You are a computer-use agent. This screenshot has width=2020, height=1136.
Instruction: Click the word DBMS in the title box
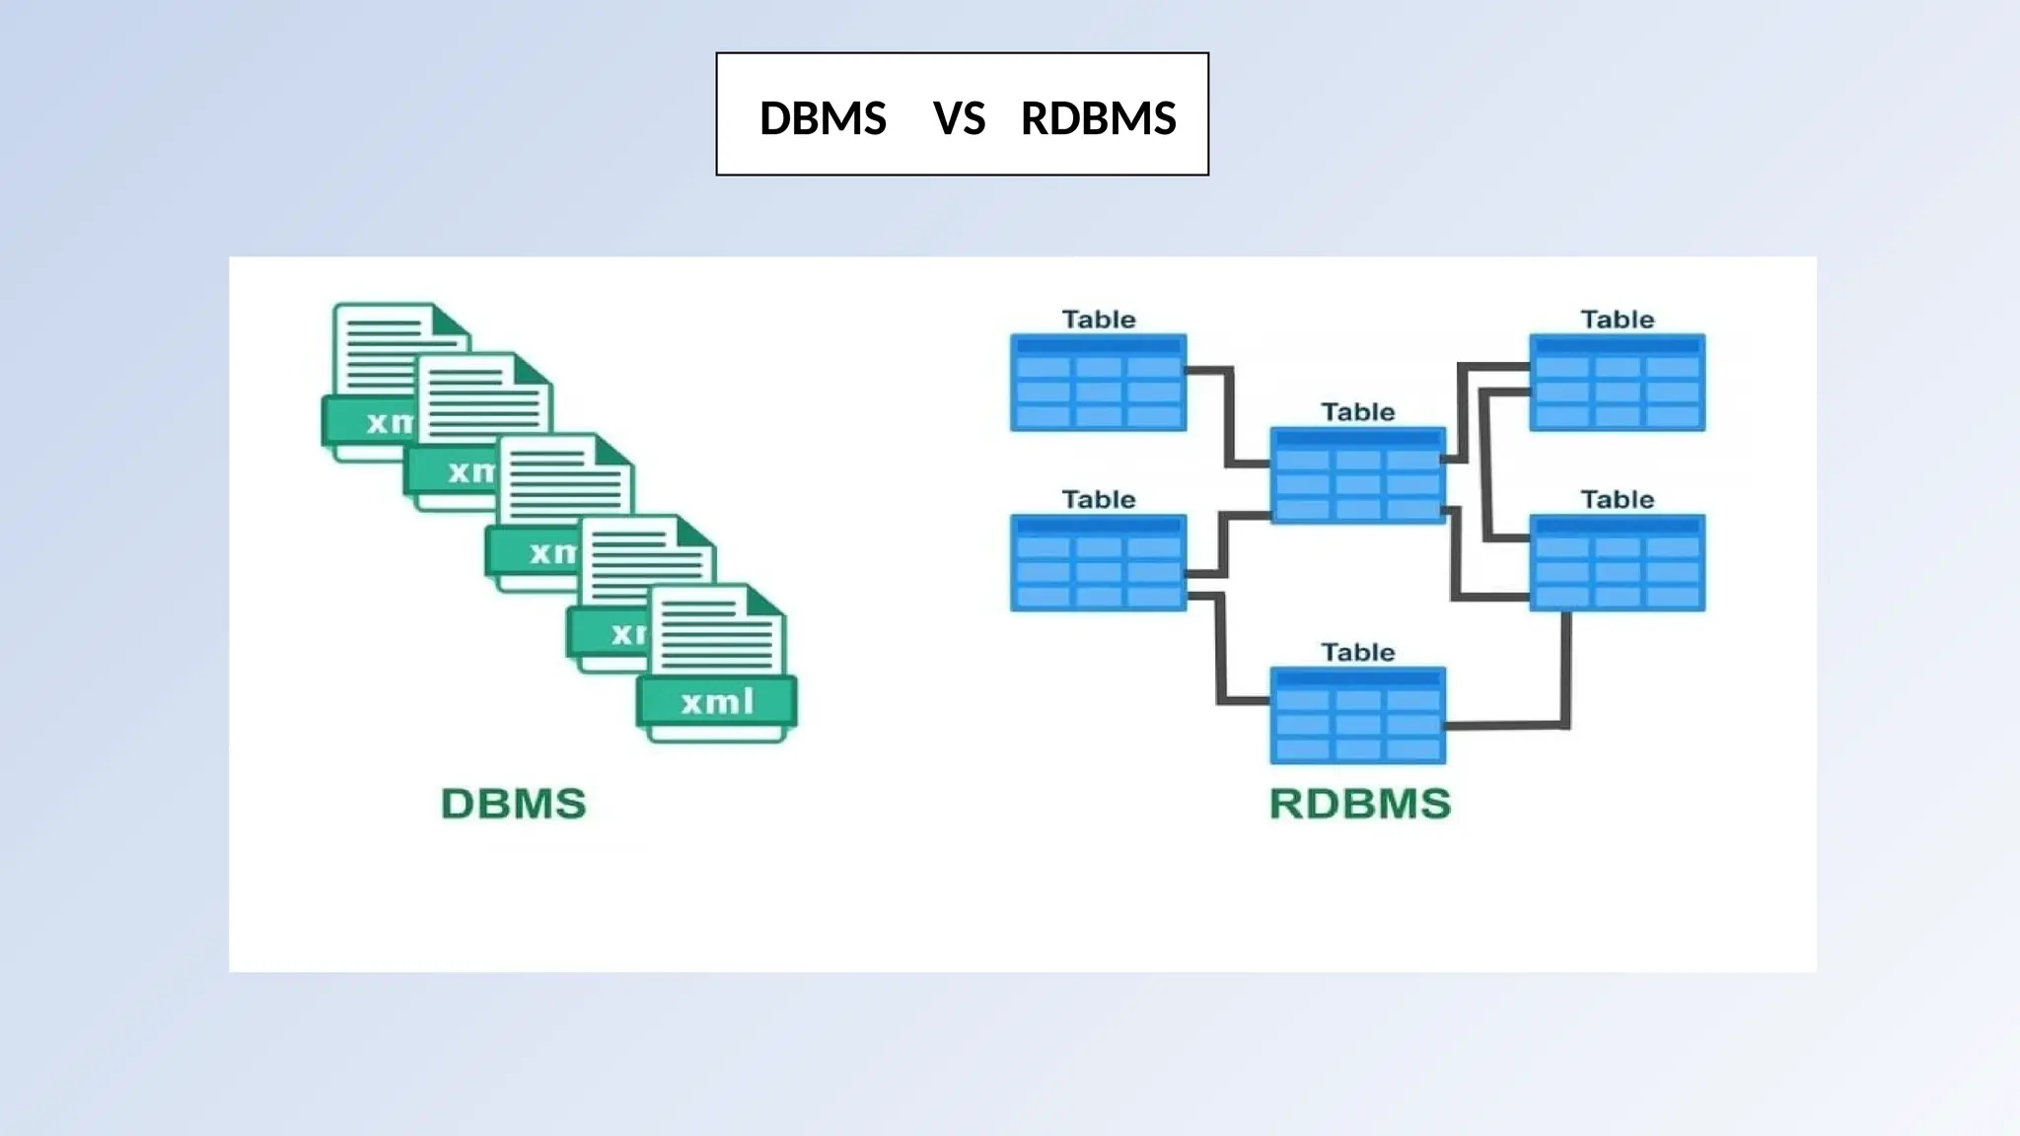(823, 118)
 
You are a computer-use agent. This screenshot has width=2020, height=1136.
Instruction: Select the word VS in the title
(959, 118)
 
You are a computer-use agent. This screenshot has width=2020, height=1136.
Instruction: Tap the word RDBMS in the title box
(1098, 118)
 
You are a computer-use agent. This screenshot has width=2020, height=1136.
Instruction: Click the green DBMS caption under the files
(513, 804)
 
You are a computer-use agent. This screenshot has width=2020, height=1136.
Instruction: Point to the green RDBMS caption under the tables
(1359, 804)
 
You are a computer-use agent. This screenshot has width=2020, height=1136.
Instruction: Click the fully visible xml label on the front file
(717, 702)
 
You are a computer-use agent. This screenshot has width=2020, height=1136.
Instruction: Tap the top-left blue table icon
(1098, 383)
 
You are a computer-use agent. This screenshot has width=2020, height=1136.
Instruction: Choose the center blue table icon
(1357, 475)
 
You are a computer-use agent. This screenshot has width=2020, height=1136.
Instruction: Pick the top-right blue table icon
(1617, 383)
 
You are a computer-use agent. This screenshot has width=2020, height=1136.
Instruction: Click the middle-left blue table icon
(1098, 562)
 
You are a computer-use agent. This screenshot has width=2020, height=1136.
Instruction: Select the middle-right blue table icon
(1617, 562)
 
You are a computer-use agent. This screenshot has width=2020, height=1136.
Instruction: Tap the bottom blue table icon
(1357, 716)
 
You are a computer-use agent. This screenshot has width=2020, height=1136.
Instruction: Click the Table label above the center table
(1357, 412)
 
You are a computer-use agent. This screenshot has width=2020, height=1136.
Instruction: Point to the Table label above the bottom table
(1357, 653)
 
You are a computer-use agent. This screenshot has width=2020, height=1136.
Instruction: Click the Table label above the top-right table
(1617, 319)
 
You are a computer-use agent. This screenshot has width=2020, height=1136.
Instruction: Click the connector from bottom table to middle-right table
(1564, 690)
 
